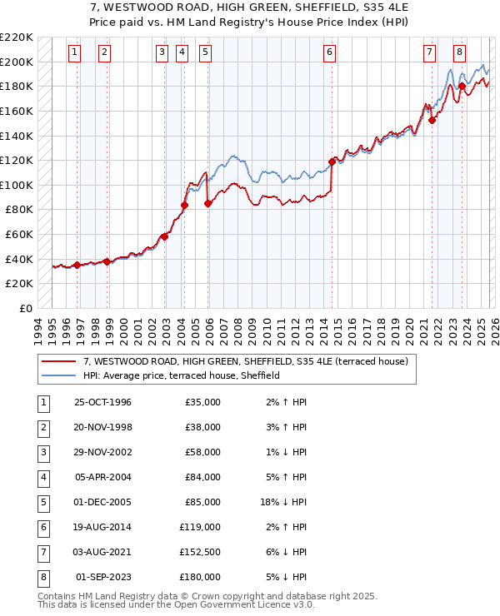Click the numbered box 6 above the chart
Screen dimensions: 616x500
(x=330, y=52)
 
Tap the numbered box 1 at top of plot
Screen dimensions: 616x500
(x=75, y=52)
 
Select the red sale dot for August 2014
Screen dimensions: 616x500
(x=332, y=161)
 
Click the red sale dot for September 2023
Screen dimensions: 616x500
(x=461, y=86)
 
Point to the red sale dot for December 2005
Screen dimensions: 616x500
(x=207, y=203)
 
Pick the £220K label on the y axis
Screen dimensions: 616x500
(x=17, y=37)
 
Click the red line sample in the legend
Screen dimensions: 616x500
(x=58, y=362)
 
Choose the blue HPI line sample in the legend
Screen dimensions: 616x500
(x=58, y=376)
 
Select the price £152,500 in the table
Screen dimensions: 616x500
(x=200, y=552)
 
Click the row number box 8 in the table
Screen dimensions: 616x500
(x=43, y=577)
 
